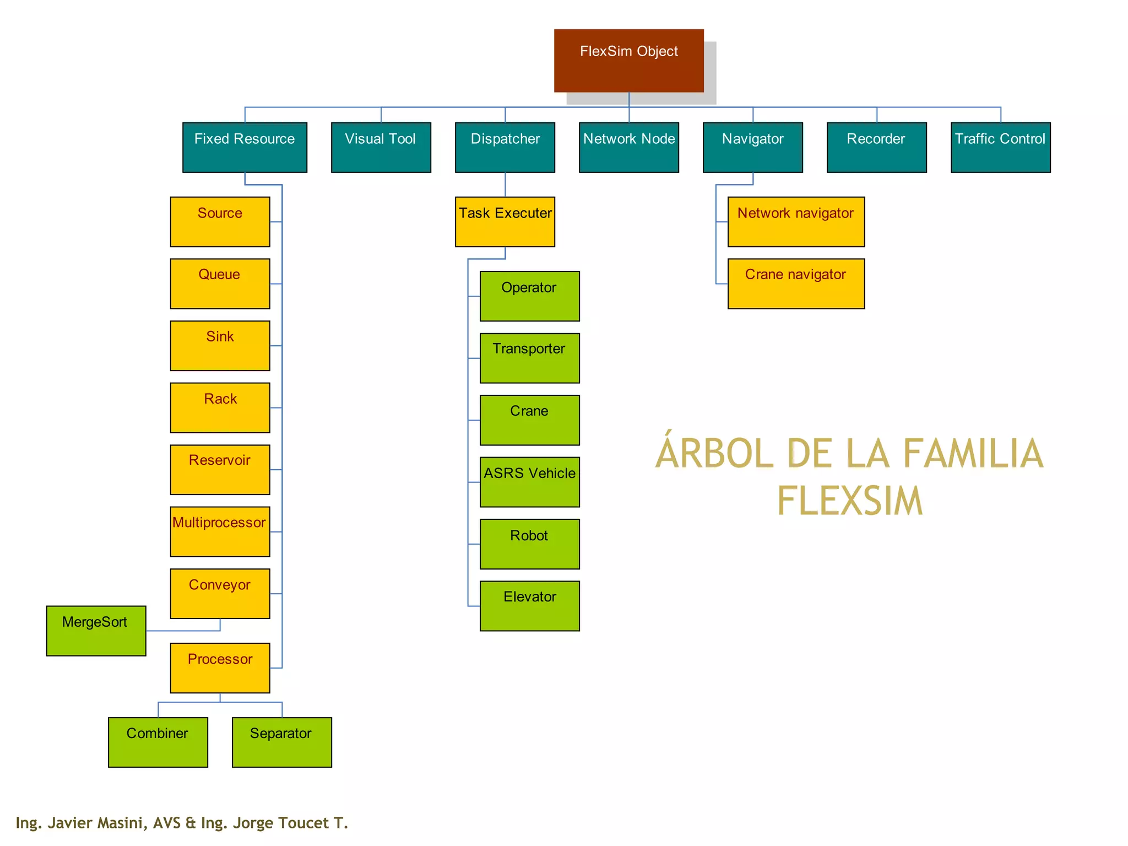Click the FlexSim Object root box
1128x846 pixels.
628,61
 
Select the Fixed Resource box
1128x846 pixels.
245,148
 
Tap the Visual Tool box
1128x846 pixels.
381,148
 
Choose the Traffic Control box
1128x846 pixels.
1000,148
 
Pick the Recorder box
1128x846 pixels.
876,148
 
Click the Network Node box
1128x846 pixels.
628,148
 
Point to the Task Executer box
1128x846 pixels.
505,222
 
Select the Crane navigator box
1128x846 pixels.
796,284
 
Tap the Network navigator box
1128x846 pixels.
796,222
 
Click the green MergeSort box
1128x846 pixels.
96,631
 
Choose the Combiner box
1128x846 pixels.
158,742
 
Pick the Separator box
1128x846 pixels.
281,742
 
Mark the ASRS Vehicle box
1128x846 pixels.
529,482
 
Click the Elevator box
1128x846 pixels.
529,606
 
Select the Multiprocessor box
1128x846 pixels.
220,532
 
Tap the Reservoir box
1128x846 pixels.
220,469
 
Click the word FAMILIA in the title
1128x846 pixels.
973,454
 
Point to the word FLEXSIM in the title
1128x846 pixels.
850,501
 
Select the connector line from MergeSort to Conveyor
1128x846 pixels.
182,631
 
